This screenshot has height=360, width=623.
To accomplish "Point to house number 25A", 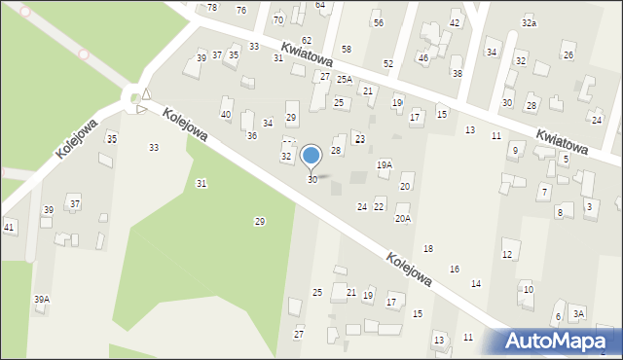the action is click(x=344, y=81).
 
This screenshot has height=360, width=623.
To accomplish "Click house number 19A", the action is click(x=385, y=165).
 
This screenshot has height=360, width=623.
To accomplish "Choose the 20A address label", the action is click(x=402, y=219).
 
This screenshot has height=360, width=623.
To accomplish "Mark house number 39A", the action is click(x=41, y=300).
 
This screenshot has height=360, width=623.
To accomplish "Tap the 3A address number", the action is click(x=578, y=313).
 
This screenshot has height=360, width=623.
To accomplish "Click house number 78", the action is click(x=212, y=8).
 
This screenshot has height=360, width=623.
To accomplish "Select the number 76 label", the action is click(x=241, y=10).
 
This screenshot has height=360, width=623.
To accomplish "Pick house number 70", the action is click(x=278, y=19).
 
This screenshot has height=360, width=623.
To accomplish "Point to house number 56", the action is click(x=378, y=22).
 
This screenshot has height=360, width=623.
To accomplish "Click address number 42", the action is click(x=455, y=23).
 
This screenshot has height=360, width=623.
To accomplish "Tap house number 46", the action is click(x=422, y=58).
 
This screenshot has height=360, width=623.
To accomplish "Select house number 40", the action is click(x=226, y=115).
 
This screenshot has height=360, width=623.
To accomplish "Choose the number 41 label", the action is click(x=9, y=227).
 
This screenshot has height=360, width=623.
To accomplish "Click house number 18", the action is click(x=427, y=250).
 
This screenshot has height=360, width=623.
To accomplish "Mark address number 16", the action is click(x=454, y=269).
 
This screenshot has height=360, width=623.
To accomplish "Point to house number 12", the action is click(x=506, y=255).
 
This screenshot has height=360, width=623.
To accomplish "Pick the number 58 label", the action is click(x=346, y=49).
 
